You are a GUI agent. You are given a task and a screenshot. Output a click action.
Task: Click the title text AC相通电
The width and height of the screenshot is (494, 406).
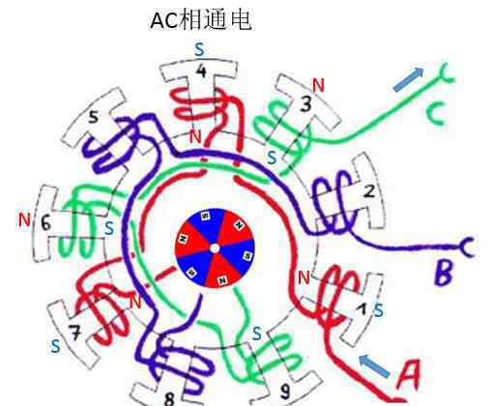click(x=200, y=20)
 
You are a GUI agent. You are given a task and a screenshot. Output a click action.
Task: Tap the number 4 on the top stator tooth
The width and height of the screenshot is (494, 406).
click(x=201, y=71)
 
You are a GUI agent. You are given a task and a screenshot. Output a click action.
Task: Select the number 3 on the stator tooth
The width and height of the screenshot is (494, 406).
click(x=305, y=103)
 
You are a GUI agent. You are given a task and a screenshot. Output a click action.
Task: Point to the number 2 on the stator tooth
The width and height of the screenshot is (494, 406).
click(x=369, y=191)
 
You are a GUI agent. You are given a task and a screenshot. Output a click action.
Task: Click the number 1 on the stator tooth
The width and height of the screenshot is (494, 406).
click(x=363, y=309)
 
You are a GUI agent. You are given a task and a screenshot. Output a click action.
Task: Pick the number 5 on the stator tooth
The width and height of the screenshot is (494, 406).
click(x=93, y=117)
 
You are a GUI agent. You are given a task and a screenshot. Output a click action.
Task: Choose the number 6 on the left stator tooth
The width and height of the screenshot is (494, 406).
click(x=45, y=222)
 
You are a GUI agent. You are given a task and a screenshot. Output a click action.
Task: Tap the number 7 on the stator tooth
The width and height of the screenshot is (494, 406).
click(x=75, y=333)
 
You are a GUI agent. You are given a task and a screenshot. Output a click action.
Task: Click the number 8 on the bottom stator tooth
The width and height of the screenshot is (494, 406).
click(x=169, y=399)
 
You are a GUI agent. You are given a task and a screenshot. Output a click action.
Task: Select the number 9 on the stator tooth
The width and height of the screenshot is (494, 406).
click(x=285, y=391)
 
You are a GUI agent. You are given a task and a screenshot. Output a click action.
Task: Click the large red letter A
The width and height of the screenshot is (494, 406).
click(x=409, y=374)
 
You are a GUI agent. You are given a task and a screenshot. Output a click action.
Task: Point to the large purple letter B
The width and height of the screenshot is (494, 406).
click(x=445, y=273)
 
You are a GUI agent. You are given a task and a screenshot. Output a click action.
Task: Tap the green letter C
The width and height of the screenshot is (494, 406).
click(x=437, y=115)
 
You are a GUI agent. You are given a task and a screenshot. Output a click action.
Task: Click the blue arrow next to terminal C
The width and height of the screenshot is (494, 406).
click(x=409, y=79)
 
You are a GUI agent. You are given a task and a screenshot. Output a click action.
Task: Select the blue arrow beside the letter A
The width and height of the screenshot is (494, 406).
click(x=374, y=366)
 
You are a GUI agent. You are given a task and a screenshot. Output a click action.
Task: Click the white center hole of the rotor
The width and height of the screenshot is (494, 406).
click(x=215, y=248)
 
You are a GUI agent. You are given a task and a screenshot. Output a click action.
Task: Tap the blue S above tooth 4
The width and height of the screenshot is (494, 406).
click(x=200, y=49)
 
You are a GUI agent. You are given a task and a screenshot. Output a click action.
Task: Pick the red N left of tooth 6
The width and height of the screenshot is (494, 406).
click(x=24, y=220)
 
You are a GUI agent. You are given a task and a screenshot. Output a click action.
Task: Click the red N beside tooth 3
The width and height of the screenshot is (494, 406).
click(x=318, y=85)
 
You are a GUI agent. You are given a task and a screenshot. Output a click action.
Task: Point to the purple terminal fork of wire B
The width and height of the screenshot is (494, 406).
click(x=467, y=246)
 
